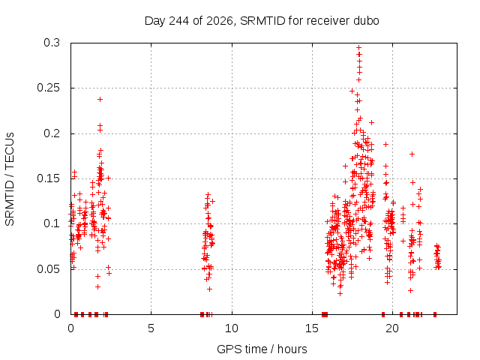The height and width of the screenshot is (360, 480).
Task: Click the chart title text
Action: tap(262, 21)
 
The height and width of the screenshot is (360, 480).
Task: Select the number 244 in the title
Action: tap(179, 21)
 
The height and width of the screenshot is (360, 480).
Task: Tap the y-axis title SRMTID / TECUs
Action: tap(10, 179)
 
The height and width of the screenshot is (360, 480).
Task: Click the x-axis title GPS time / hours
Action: tap(262, 349)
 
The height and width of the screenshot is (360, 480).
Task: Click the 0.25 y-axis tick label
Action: tap(49, 88)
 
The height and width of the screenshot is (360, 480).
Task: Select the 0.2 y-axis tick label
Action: tap(52, 133)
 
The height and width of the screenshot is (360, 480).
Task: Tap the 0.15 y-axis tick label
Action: tap(49, 178)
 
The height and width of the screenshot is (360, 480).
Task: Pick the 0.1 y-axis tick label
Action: tap(52, 223)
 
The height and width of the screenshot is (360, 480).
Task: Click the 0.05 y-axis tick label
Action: tap(49, 269)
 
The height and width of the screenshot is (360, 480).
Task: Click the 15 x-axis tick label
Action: tap(312, 328)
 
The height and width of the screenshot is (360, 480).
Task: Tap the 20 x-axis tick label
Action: tap(392, 328)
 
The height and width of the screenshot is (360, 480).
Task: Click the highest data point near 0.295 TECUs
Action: tap(359, 47)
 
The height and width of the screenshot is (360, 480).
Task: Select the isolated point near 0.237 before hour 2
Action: tap(100, 99)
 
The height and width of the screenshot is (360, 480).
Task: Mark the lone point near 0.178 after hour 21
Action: tap(412, 154)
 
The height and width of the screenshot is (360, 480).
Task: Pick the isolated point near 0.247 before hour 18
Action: tap(352, 91)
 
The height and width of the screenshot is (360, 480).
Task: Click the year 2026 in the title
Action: tap(220, 21)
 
